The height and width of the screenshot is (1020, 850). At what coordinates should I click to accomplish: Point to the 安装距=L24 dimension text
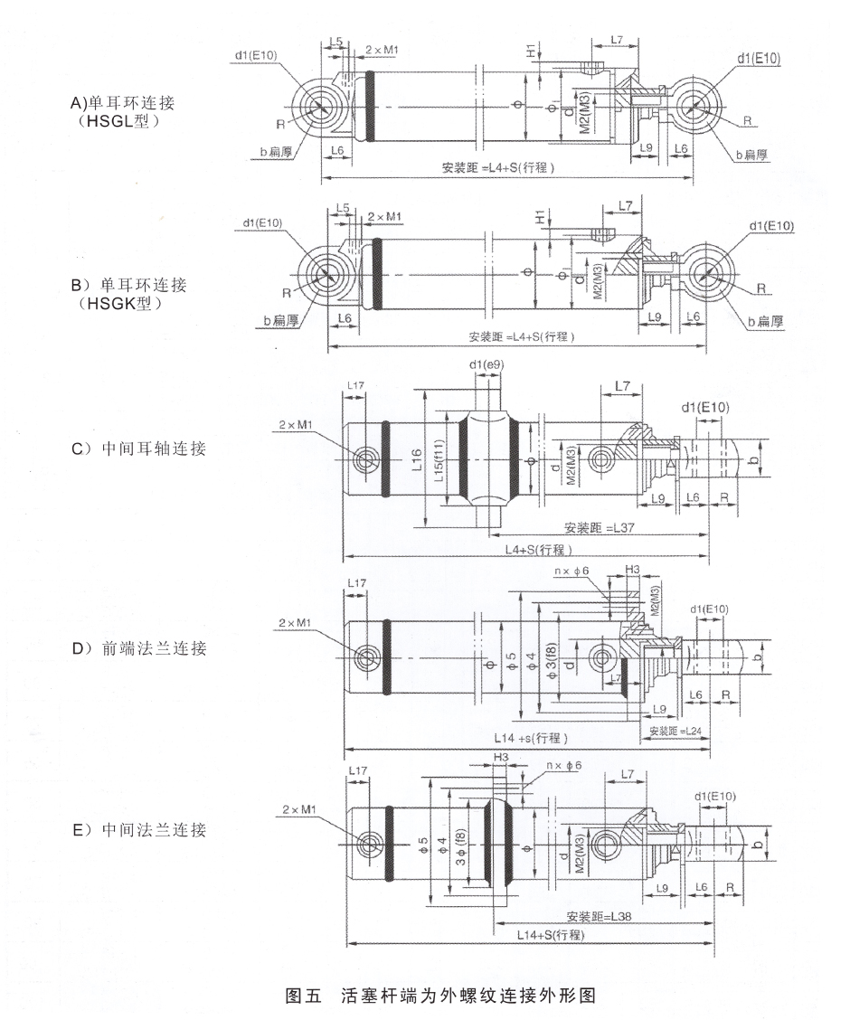675,730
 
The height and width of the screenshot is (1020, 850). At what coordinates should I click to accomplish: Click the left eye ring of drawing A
319,107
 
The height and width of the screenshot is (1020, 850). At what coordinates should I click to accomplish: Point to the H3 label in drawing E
502,756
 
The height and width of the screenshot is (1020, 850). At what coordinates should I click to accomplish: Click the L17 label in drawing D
356,585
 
